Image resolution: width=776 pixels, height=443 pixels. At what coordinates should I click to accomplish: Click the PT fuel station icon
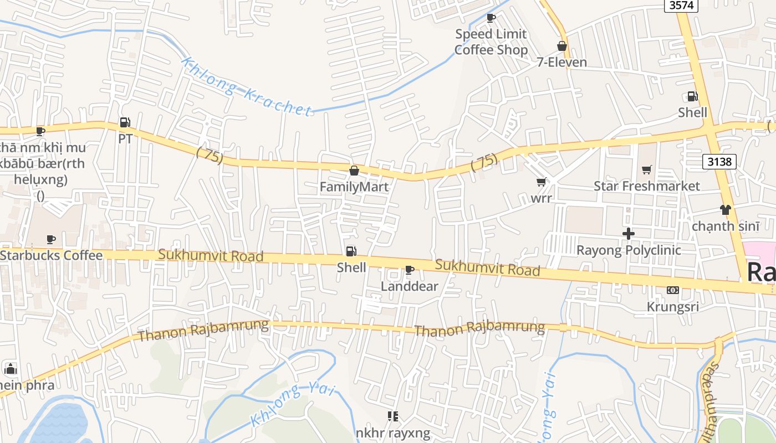(125, 122)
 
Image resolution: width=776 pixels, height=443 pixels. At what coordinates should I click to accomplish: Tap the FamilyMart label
(354, 187)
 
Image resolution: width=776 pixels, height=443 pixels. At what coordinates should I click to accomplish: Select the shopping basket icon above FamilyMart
(354, 171)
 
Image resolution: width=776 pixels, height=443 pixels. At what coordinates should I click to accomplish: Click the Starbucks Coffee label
(52, 255)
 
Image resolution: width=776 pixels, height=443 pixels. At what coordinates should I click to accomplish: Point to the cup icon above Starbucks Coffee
(51, 239)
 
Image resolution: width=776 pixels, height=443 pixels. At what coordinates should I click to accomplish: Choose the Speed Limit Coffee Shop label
(491, 42)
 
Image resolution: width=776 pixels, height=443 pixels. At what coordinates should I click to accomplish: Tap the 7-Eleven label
(561, 62)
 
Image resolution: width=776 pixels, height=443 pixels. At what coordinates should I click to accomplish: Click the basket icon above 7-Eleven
(561, 46)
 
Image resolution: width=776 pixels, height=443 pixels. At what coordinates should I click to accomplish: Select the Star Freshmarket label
(647, 186)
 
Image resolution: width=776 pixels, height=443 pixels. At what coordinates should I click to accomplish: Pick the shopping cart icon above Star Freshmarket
(646, 169)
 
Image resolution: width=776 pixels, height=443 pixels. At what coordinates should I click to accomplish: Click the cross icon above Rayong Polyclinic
(628, 234)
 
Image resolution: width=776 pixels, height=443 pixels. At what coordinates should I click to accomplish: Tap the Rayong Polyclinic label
(629, 250)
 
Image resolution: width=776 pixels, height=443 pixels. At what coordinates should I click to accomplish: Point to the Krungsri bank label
(672, 307)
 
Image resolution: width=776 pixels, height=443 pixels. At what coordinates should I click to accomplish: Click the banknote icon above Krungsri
(672, 290)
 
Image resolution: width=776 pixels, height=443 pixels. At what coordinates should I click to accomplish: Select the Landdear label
(409, 286)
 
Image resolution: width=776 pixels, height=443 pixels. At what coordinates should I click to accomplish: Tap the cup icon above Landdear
(409, 270)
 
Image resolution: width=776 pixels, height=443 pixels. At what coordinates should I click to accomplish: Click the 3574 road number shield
(681, 6)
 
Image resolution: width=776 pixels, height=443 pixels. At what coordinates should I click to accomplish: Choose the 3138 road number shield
(719, 162)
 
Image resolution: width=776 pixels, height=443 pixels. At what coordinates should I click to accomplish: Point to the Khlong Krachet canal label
(247, 87)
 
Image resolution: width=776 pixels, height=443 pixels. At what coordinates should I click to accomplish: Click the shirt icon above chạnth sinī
(726, 210)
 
